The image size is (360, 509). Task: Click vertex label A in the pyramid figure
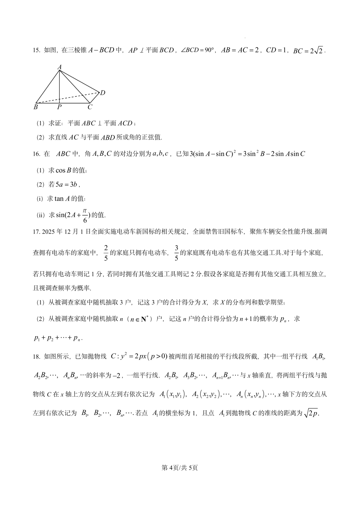pyautogui.click(x=60, y=67)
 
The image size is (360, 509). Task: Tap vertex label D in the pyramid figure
pyautogui.click(x=103, y=93)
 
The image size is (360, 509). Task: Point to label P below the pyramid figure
pyautogui.click(x=59, y=107)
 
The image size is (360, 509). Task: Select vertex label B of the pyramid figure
pyautogui.click(x=36, y=107)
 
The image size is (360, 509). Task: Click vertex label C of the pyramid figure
pyautogui.click(x=90, y=107)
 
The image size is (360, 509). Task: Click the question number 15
pyautogui.click(x=36, y=51)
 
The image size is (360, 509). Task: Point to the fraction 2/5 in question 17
pyautogui.click(x=106, y=253)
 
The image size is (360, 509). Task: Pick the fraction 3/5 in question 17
pyautogui.click(x=176, y=253)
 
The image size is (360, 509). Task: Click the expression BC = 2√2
pyautogui.click(x=308, y=51)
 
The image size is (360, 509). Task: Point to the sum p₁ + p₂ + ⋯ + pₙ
pyautogui.click(x=58, y=338)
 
